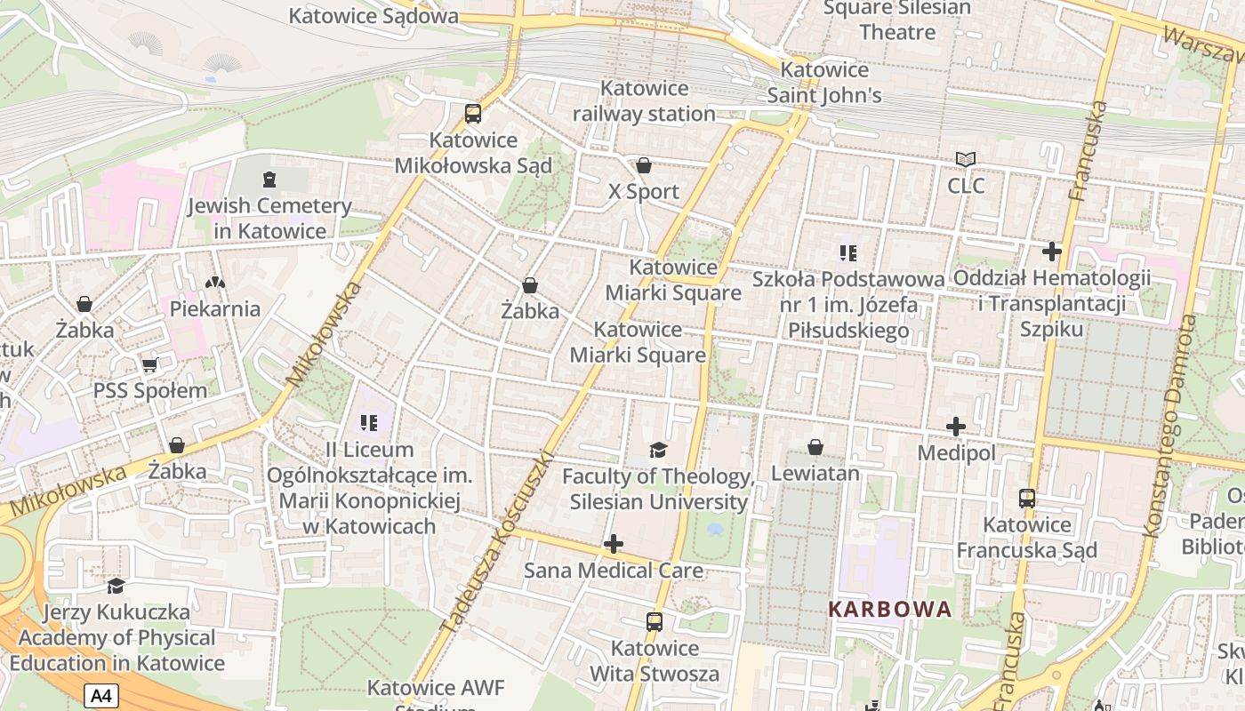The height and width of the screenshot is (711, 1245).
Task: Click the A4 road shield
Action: [101, 695]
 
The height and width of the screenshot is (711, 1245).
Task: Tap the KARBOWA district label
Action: [889, 610]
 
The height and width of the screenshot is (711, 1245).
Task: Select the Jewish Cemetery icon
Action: [269, 180]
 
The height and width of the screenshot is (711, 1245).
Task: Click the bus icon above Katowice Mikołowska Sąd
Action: [473, 114]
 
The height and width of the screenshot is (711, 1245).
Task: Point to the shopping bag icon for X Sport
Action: [644, 165]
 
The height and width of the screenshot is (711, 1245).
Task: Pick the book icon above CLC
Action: [966, 160]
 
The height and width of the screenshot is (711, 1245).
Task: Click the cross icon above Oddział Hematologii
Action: [1052, 252]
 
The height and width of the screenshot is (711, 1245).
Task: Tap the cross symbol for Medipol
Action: [956, 427]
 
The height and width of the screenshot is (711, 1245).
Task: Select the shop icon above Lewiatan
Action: [815, 447]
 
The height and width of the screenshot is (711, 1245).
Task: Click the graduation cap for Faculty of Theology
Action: [658, 450]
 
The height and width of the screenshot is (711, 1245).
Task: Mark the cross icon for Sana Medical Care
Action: [614, 544]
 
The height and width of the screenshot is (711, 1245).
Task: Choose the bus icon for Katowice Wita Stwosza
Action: [655, 622]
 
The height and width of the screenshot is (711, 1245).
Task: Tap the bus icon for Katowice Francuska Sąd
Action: [1027, 499]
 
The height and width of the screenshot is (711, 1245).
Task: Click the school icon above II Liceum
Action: [369, 423]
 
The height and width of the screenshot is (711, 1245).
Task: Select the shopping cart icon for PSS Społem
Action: [150, 365]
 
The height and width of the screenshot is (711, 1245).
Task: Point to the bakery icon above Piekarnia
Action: [214, 283]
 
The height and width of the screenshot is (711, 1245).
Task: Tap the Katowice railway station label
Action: [644, 100]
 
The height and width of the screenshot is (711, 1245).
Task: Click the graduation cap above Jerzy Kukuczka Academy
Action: [116, 586]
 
